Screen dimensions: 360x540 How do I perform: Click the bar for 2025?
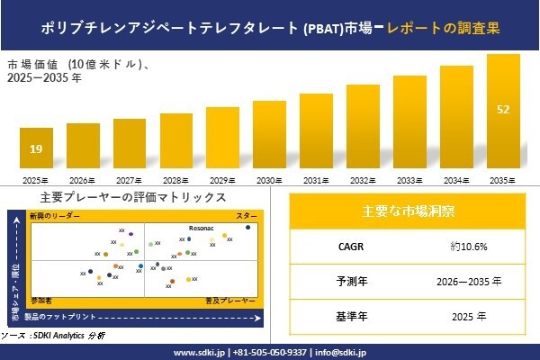coord(36,149)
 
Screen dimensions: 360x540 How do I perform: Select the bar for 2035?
coord(503,113)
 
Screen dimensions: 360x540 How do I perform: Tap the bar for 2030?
coord(269,136)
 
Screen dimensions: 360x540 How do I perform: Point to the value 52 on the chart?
coord(503,110)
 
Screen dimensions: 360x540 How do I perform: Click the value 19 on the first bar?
coord(36,148)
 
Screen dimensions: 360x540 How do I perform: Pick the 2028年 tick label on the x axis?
coord(175,181)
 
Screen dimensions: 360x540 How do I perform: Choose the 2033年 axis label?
coord(409,181)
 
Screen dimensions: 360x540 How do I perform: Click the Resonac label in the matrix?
coord(201,229)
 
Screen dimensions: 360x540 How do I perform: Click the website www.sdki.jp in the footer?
coord(198,352)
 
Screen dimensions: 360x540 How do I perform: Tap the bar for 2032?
coord(363,127)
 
